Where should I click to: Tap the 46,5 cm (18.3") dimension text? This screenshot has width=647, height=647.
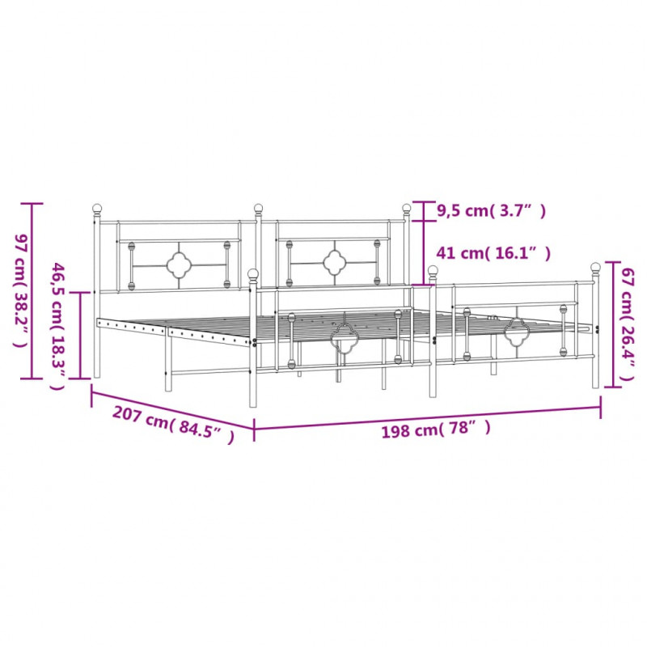point(57,327)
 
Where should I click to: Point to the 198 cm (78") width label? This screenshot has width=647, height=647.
point(436,429)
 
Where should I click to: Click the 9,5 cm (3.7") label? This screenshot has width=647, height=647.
point(491,211)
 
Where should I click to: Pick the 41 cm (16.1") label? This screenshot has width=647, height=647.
point(493,253)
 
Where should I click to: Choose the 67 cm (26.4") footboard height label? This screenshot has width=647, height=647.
point(628,324)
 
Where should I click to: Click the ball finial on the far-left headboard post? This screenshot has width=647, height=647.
point(96,208)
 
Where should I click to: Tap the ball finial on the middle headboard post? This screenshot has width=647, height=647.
point(258,208)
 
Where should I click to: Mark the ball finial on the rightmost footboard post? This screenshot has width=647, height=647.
point(595,267)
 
